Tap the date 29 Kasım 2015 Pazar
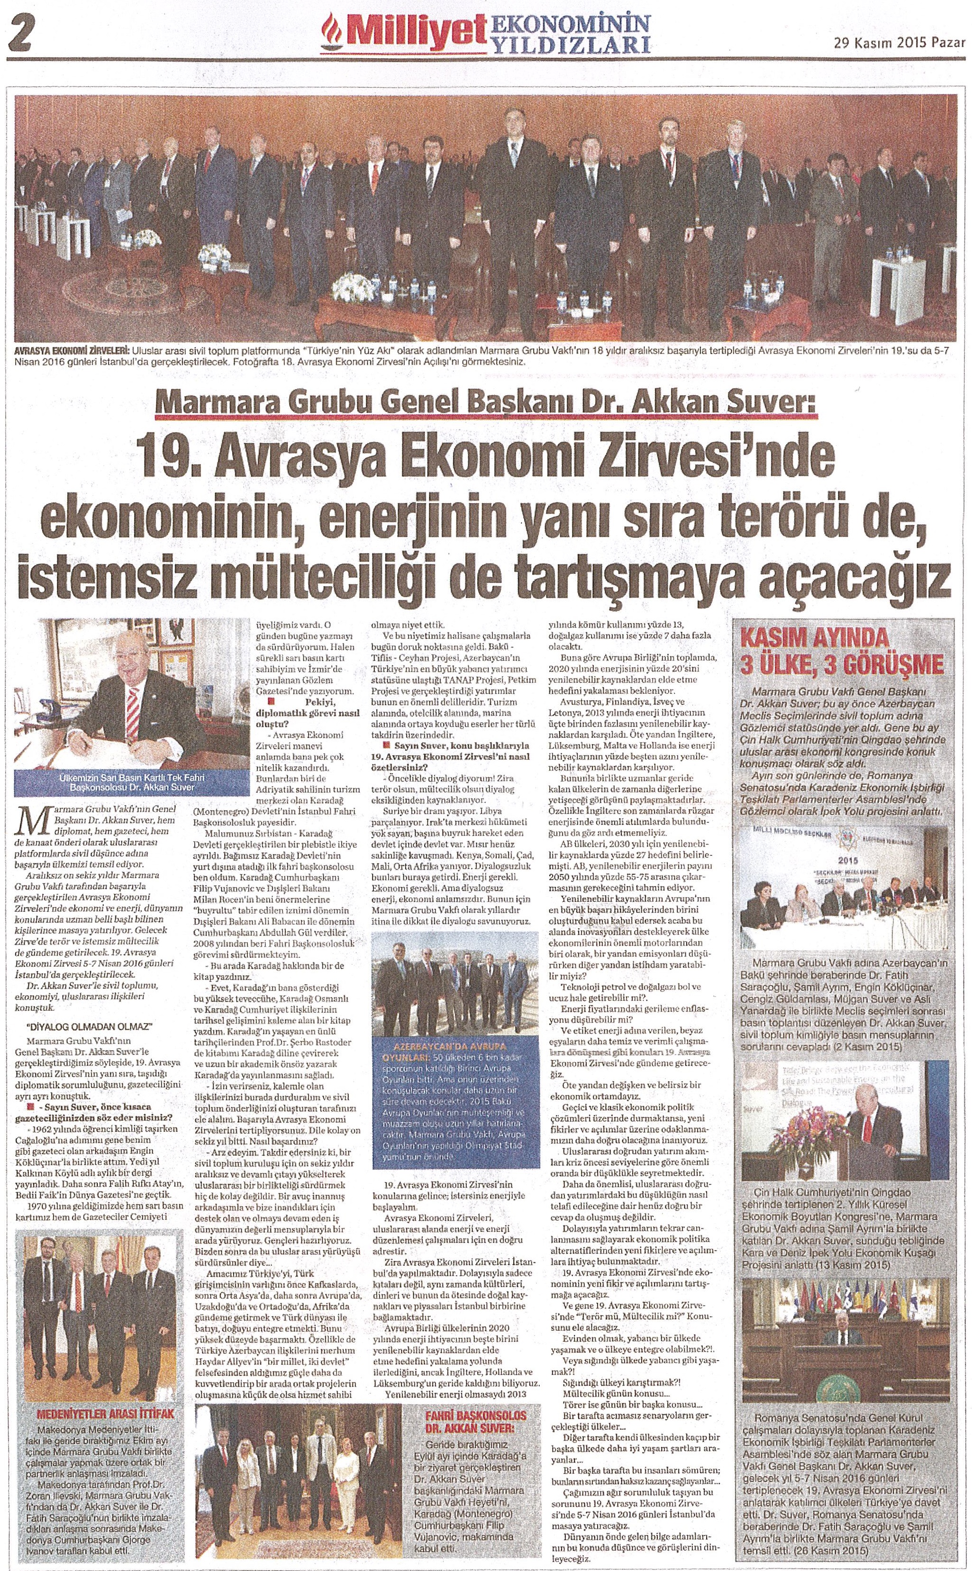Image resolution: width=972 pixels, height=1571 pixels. point(900,43)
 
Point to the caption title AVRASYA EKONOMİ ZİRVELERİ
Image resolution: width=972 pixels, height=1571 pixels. point(71,350)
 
